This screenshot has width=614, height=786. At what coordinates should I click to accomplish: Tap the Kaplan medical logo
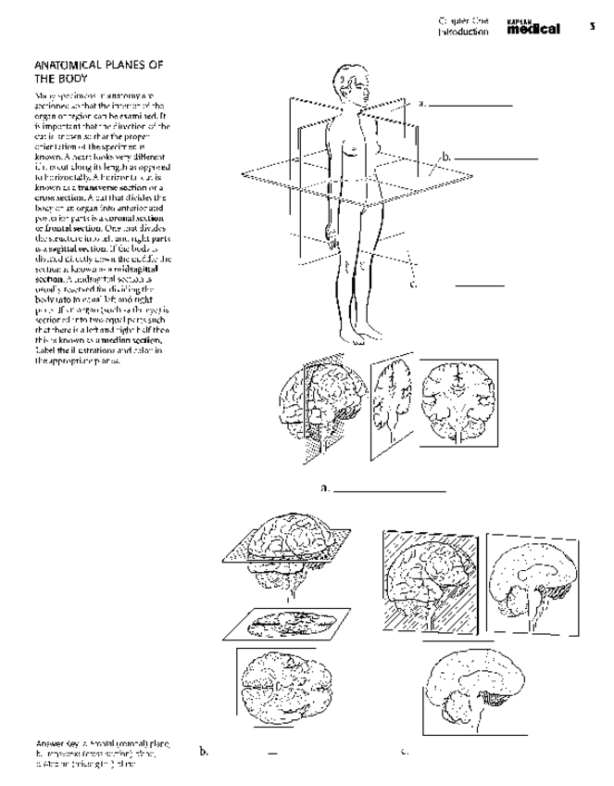tap(533, 28)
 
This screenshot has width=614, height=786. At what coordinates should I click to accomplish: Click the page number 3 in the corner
tap(591, 26)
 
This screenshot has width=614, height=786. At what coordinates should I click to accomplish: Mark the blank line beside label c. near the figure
tap(479, 285)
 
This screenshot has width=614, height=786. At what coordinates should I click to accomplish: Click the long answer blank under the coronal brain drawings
tap(389, 488)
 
